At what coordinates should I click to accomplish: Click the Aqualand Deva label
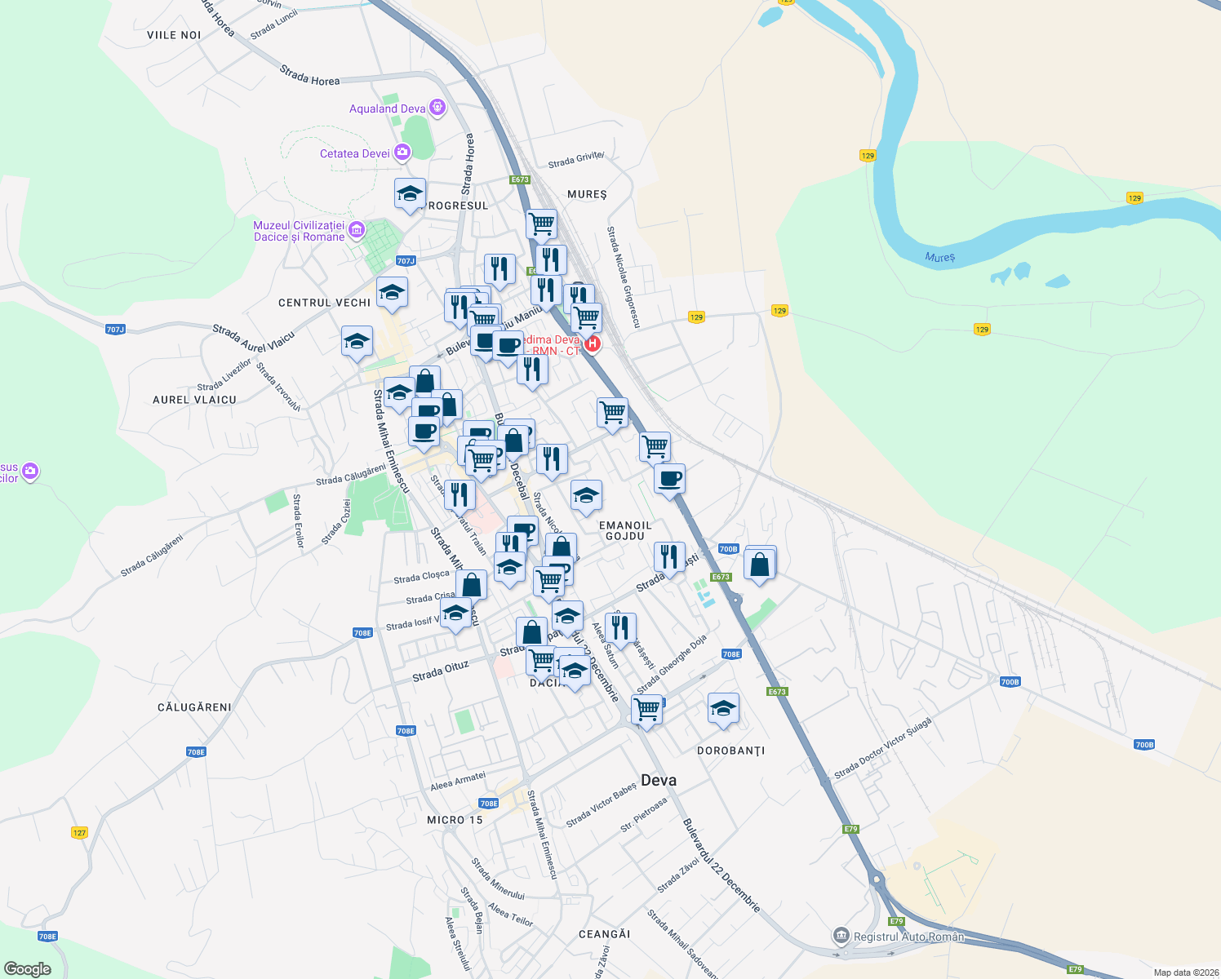coord(387,109)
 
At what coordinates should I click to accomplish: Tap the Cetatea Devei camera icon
coord(402,153)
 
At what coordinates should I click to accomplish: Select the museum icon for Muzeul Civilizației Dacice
coord(357,231)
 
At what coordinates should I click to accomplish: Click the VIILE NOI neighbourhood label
coord(174,35)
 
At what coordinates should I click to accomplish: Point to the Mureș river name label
coord(939,257)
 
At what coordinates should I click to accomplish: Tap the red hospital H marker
coord(593,343)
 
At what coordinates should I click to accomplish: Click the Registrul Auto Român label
coord(908,937)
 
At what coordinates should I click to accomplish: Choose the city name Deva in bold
coord(659,780)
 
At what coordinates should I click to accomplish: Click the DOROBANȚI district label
coord(731,751)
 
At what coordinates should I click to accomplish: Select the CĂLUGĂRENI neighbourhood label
coord(194,707)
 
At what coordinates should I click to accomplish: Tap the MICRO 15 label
coord(455,820)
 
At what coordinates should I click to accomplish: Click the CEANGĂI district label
coord(604,934)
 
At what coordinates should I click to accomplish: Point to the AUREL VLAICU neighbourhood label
coord(194,400)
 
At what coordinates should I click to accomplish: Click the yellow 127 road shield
coord(79,833)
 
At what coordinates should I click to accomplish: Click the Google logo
coord(28,969)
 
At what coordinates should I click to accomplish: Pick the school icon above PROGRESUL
coord(410,193)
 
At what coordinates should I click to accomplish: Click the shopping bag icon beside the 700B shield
coord(760,563)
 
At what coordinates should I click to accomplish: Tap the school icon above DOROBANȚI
coord(723,708)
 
